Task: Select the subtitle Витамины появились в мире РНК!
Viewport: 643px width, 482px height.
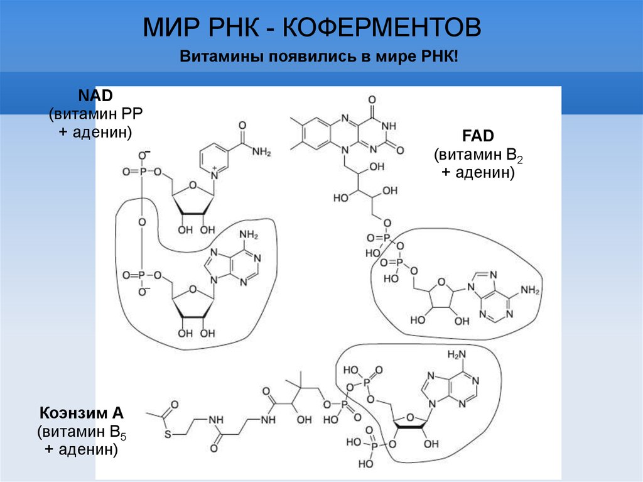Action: (320, 57)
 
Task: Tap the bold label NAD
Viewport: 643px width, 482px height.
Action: (95, 96)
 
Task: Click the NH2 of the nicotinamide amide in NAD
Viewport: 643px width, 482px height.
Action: (259, 152)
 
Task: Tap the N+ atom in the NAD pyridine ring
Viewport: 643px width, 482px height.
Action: (214, 173)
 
